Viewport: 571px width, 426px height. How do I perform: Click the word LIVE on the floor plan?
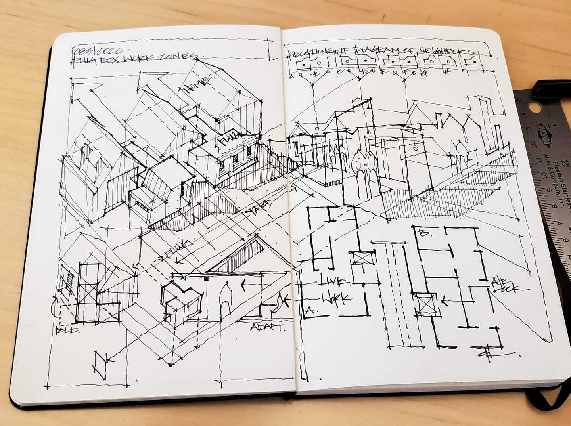pyautogui.click(x=333, y=281)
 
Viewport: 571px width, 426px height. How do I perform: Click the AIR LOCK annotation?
pyautogui.click(x=504, y=285)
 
